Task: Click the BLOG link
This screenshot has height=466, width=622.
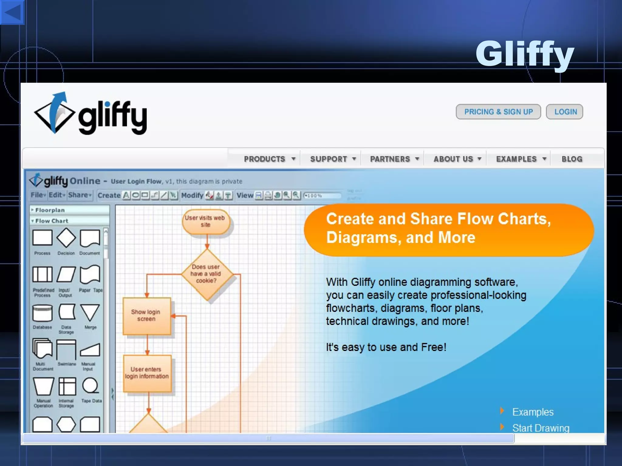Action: click(572, 159)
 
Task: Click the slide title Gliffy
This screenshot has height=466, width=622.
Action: click(525, 54)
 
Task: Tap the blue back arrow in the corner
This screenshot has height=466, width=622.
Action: click(12, 12)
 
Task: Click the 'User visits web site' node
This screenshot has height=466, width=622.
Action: click(205, 221)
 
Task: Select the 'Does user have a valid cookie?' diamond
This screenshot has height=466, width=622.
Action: click(207, 274)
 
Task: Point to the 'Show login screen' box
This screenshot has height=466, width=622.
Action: click(146, 316)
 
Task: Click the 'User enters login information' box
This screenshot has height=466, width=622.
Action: click(147, 373)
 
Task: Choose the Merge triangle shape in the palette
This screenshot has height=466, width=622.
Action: click(90, 312)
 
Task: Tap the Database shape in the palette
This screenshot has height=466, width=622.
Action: click(42, 313)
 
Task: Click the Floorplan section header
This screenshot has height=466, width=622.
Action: click(50, 210)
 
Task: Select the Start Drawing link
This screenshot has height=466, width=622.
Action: click(541, 428)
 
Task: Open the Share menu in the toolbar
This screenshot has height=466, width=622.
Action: click(80, 195)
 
